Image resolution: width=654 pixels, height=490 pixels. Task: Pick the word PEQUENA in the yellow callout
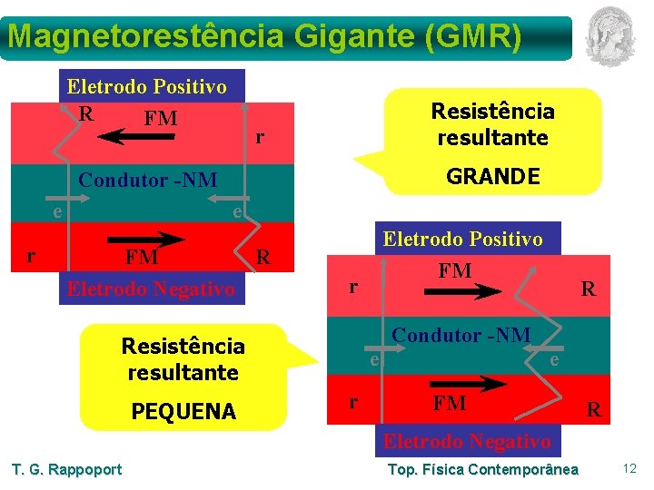(x=183, y=412)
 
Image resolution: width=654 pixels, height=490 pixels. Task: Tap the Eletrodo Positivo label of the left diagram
(x=147, y=87)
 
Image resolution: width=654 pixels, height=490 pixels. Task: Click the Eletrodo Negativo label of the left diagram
(x=151, y=289)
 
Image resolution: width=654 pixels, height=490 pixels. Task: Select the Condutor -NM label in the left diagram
(x=148, y=180)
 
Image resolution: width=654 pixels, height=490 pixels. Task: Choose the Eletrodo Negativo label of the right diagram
(x=466, y=442)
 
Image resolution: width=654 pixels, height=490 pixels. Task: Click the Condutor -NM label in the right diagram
(x=461, y=335)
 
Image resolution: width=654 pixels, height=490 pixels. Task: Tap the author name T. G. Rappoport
(x=66, y=469)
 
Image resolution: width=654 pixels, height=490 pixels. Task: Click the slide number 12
(x=629, y=468)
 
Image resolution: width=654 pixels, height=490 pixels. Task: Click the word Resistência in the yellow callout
(x=183, y=347)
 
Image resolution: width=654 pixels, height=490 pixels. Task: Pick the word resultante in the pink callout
(x=492, y=138)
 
